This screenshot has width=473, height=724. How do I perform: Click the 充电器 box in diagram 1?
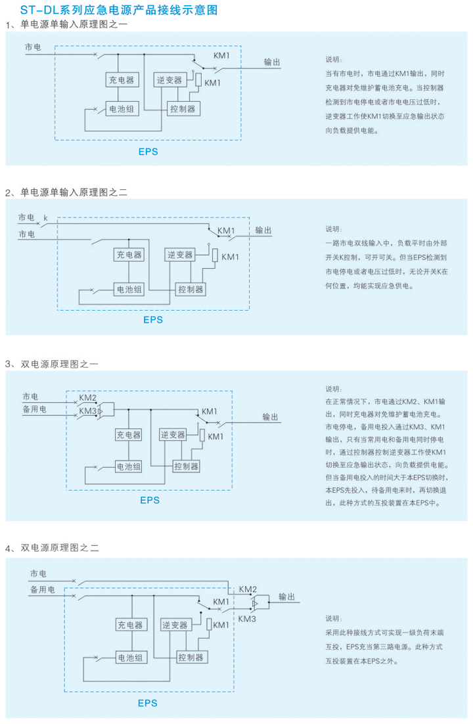[x=120, y=80]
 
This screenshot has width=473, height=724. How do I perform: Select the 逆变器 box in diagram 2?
[x=179, y=254]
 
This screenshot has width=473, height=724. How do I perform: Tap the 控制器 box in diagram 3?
[x=187, y=466]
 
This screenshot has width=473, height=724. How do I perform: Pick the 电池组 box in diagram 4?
[x=129, y=657]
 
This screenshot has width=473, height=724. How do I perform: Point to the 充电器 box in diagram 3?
[x=129, y=435]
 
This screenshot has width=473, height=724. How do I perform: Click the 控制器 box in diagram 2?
[x=191, y=288]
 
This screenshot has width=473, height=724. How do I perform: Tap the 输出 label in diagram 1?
[x=273, y=62]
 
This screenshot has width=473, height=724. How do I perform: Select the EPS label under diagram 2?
[x=153, y=320]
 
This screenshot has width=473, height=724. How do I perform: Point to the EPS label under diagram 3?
[x=149, y=500]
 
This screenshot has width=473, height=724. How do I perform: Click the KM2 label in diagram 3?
[x=88, y=398]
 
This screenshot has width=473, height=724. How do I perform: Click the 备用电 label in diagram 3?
[x=34, y=409]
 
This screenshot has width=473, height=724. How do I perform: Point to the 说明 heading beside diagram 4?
[x=334, y=618]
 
